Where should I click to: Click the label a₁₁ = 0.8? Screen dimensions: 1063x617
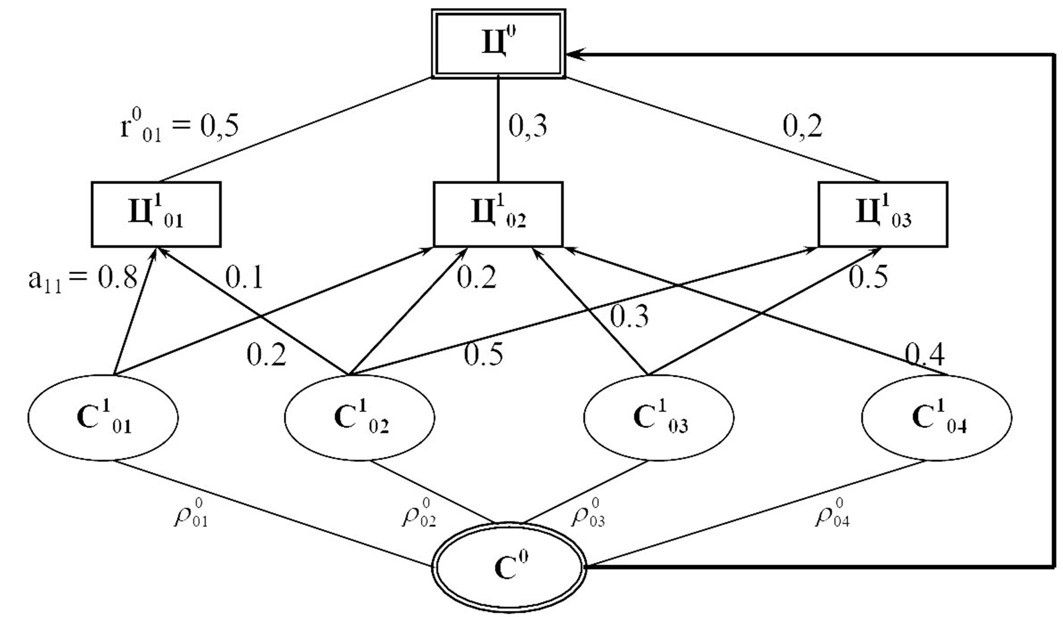pos(83,279)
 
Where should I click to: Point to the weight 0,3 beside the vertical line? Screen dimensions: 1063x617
pos(528,127)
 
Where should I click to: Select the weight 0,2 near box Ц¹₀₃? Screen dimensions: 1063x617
pos(802,127)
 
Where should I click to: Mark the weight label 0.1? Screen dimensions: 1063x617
pos(244,278)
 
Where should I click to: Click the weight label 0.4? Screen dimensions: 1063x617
pos(925,355)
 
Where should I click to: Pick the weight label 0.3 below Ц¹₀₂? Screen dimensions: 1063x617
pos(630,317)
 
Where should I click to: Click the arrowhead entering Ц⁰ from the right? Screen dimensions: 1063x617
pos(575,54)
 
